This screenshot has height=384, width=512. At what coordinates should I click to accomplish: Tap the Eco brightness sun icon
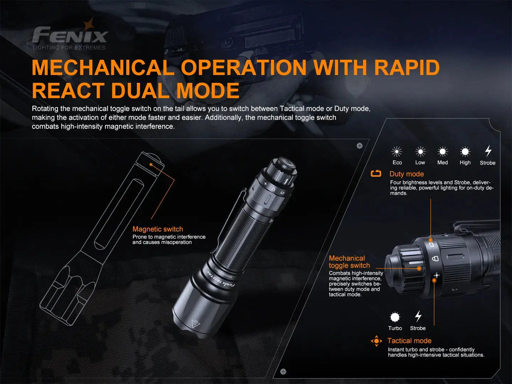pyautogui.click(x=396, y=152)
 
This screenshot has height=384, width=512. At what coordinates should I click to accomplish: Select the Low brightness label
pyautogui.click(x=420, y=162)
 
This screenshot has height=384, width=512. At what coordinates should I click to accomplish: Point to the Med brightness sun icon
pyautogui.click(x=443, y=152)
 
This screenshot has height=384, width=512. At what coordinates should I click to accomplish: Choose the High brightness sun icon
pyautogui.click(x=465, y=152)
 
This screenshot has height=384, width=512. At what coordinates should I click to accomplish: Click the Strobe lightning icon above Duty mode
pyautogui.click(x=488, y=151)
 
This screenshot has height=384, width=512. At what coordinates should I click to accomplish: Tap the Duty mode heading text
pyautogui.click(x=406, y=174)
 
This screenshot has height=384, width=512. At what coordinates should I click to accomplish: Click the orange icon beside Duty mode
pyautogui.click(x=376, y=174)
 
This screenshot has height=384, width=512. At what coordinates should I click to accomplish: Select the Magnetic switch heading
pyautogui.click(x=158, y=229)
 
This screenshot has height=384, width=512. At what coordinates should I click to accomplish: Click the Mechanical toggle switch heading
pyautogui.click(x=349, y=262)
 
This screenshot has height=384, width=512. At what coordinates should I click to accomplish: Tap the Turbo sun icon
pyautogui.click(x=395, y=317)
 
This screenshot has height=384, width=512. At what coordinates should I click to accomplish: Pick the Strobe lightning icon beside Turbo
pyautogui.click(x=418, y=316)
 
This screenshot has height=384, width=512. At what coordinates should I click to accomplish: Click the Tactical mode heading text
pyautogui.click(x=409, y=341)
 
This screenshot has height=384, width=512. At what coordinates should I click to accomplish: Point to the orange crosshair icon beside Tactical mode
pyautogui.click(x=377, y=341)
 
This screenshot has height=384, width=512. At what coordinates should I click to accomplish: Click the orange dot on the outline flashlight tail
pyautogui.click(x=151, y=164)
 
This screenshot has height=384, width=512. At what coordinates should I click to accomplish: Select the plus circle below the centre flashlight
pyautogui.click(x=283, y=372)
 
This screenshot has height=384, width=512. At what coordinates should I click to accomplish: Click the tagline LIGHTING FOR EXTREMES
pyautogui.click(x=69, y=48)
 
